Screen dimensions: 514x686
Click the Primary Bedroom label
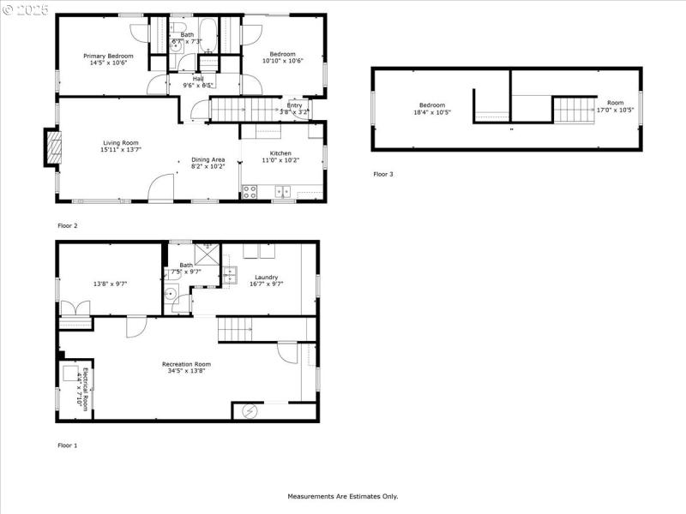point(108,56)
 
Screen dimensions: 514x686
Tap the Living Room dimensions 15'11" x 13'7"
point(121,151)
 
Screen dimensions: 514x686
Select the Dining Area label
point(208,159)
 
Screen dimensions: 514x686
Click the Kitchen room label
point(281,153)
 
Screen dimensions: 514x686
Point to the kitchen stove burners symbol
point(250,192)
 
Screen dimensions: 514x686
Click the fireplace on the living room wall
point(53,146)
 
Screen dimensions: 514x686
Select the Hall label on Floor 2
point(198,79)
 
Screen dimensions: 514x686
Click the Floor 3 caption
point(382,174)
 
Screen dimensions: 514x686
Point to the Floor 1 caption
point(67,445)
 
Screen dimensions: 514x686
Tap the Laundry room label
point(266,277)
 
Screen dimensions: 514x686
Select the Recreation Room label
point(186,364)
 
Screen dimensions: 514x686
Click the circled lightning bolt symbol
point(274,411)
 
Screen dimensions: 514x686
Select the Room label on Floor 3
point(616,103)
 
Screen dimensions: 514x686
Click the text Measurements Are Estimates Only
point(342,496)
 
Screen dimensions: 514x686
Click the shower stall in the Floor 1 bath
point(207,254)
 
